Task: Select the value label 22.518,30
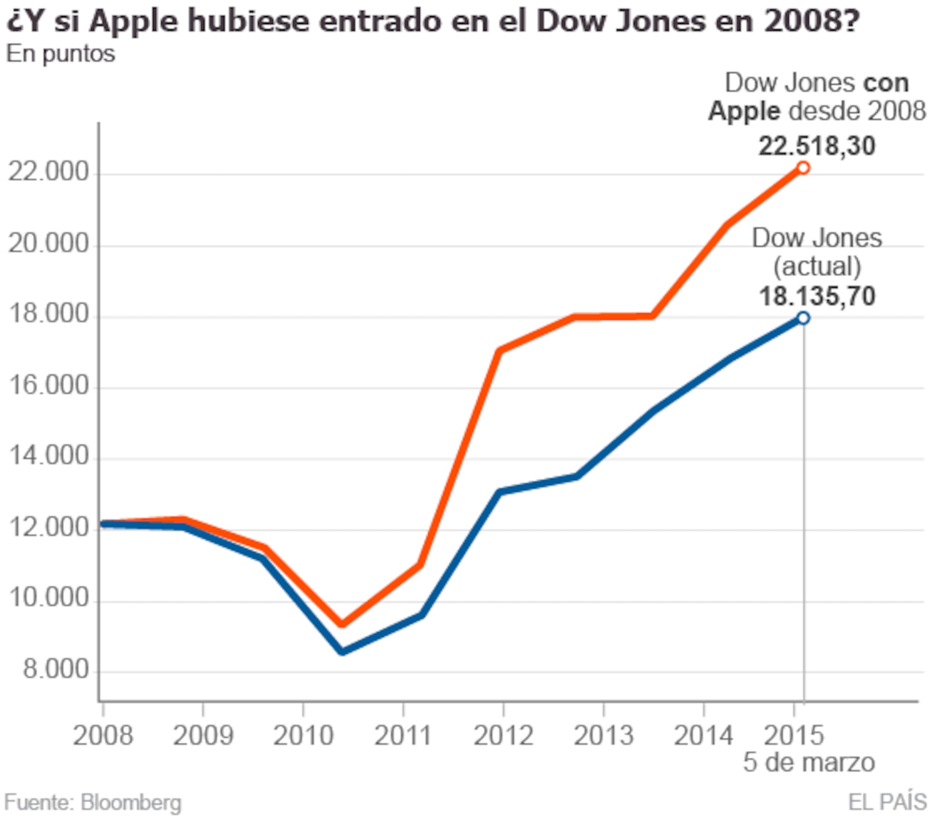click(816, 145)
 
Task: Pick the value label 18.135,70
click(816, 296)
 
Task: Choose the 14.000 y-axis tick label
click(49, 456)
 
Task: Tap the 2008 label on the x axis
click(103, 735)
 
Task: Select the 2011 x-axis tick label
click(403, 735)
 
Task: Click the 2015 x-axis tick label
click(794, 735)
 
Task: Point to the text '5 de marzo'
click(809, 762)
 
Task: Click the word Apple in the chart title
click(134, 21)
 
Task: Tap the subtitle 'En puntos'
click(61, 53)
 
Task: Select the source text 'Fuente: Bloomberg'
click(93, 802)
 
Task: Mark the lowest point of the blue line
click(343, 652)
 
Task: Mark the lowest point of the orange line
click(342, 624)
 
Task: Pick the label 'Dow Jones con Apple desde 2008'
click(816, 97)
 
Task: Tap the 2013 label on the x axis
click(603, 735)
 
